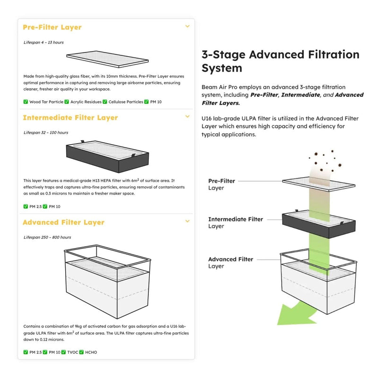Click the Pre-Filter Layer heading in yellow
click(x=52, y=27)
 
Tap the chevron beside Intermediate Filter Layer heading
click(x=187, y=116)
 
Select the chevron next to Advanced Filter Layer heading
click(x=187, y=221)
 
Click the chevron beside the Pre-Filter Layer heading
click(x=187, y=26)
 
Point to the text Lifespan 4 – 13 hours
click(x=43, y=43)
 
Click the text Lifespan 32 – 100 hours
click(x=46, y=133)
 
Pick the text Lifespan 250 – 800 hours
click(x=47, y=237)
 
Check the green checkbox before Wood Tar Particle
click(x=26, y=102)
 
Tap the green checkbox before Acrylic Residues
click(x=67, y=102)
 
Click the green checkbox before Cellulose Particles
click(x=105, y=102)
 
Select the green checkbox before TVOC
click(x=63, y=352)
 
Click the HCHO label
click(x=91, y=352)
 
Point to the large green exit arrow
click(x=297, y=313)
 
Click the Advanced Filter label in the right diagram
click(x=231, y=259)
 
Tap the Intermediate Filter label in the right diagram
click(x=235, y=219)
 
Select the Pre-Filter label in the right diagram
click(x=222, y=181)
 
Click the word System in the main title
click(x=222, y=68)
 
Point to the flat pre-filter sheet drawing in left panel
click(x=108, y=59)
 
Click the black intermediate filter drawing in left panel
click(x=108, y=157)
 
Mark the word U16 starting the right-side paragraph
click(x=206, y=119)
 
